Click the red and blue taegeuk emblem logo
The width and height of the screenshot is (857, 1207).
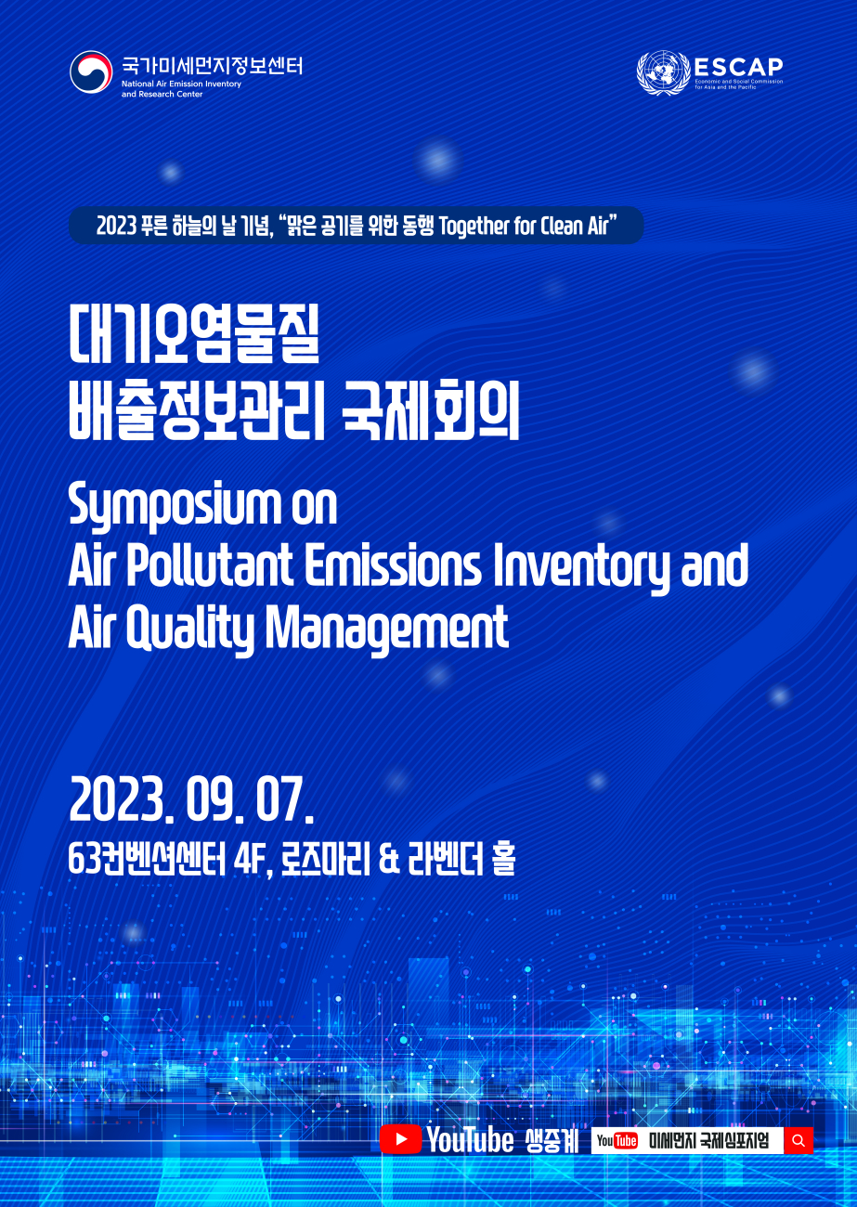click(90, 71)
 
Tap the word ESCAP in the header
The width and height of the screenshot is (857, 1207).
click(738, 67)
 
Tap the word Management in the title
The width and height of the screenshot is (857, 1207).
click(387, 629)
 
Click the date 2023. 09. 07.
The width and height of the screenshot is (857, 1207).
click(192, 800)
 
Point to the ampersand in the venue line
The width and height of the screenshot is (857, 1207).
click(390, 861)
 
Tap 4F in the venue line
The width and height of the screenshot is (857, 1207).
click(251, 861)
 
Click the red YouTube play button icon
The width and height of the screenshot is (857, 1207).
click(401, 1139)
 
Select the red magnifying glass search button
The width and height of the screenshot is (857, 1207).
click(799, 1140)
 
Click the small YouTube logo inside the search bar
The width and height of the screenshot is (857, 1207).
click(617, 1140)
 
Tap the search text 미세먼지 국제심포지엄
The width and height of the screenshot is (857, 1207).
click(708, 1140)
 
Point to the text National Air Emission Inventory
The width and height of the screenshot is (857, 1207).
click(181, 84)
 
